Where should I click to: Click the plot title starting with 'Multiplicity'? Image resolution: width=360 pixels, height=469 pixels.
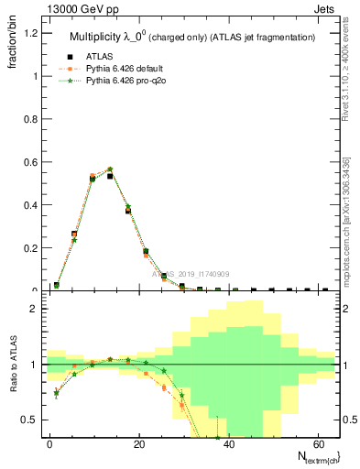(193, 37)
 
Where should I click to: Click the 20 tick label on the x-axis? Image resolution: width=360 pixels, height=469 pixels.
(138, 443)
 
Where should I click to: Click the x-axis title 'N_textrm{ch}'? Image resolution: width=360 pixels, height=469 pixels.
(312, 456)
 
